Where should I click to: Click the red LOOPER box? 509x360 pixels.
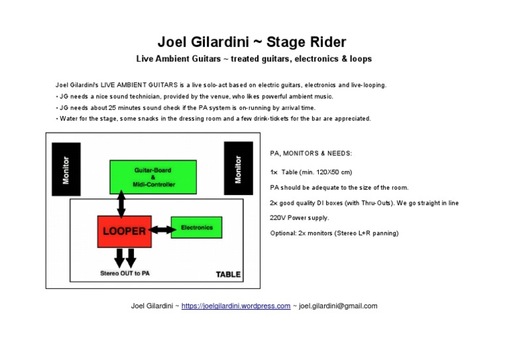[124, 231]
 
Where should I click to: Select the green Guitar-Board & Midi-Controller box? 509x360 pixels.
[152, 176]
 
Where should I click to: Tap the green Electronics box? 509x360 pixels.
[196, 227]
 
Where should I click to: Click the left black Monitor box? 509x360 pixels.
[66, 168]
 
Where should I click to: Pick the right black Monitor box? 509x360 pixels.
[238, 168]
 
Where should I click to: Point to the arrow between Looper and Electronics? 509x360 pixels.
[161, 229]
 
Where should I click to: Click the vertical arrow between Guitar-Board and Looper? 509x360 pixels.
[121, 204]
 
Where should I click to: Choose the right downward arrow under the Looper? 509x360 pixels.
[131, 257]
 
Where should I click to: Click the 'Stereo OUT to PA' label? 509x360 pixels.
[125, 273]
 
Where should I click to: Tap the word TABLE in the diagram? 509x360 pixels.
[229, 274]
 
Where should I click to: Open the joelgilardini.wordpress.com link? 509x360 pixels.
[235, 306]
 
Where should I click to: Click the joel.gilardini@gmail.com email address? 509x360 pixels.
[338, 306]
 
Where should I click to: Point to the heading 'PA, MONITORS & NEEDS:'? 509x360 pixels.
[311, 153]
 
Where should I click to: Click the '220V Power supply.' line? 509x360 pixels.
[300, 217]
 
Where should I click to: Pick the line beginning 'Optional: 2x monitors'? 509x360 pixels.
[334, 233]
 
